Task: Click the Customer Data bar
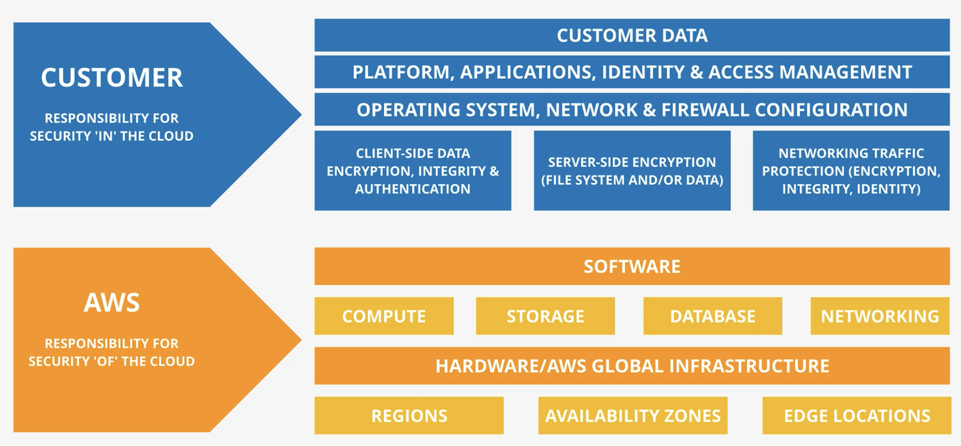tap(632, 35)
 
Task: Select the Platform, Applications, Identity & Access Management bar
tap(632, 72)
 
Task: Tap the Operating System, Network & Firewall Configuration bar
tap(632, 110)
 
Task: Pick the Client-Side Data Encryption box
tap(413, 171)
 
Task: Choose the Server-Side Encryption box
tap(632, 171)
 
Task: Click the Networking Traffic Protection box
tap(851, 171)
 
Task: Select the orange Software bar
tap(632, 266)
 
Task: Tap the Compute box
tap(384, 316)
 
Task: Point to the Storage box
tap(546, 316)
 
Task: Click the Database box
tap(713, 316)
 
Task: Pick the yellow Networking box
tap(880, 316)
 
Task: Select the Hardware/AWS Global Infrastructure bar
tap(632, 366)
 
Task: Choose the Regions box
tap(409, 416)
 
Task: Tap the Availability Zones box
tap(633, 416)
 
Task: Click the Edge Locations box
tap(857, 416)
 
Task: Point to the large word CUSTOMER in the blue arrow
tap(112, 78)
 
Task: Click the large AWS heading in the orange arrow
tap(112, 303)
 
